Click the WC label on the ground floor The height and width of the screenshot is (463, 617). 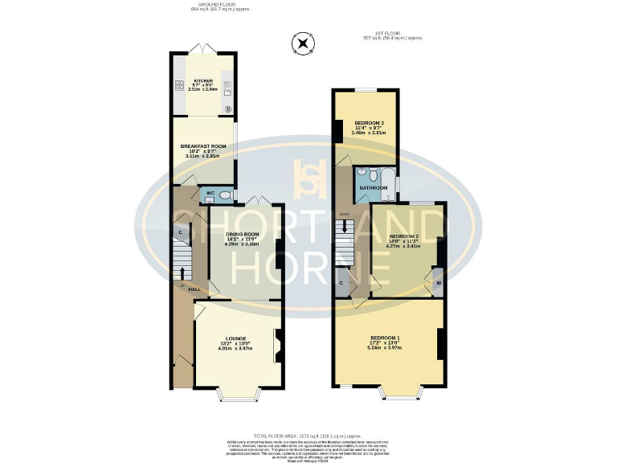click(x=210, y=194)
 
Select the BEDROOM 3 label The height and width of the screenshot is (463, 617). click(x=370, y=123)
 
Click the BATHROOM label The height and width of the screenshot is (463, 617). click(x=374, y=188)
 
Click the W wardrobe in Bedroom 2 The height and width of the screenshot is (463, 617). click(x=439, y=284)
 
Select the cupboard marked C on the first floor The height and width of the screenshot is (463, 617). click(x=342, y=283)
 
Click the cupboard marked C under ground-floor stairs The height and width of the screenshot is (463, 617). click(x=181, y=233)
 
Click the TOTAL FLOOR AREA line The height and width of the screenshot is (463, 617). click(x=308, y=434)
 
